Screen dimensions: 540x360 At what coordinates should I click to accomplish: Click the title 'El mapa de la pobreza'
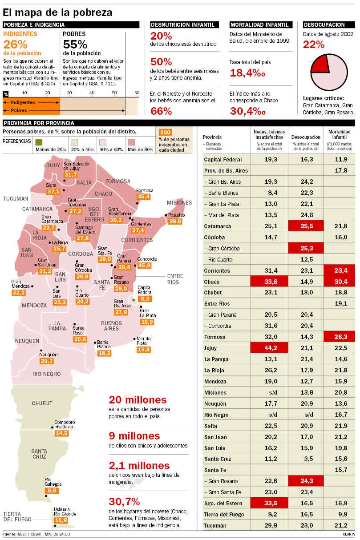pos(57,12)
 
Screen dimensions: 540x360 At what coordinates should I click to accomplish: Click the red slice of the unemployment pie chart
pos(320,64)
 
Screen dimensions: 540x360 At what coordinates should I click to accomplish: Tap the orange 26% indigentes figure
pos(16,44)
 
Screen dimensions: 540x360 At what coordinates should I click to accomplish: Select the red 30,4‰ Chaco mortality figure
pos(248,111)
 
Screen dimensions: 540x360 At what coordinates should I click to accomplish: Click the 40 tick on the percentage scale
pos(92,93)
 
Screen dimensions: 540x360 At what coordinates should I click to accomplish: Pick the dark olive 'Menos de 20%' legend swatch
pos(39,142)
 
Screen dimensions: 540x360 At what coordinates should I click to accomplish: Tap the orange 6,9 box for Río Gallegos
pos(52,491)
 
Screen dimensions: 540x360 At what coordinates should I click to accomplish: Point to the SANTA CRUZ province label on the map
pos(39,454)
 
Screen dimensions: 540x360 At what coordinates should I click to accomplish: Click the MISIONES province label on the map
pos(179,203)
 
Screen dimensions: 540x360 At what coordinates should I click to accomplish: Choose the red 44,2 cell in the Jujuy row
pos(268,348)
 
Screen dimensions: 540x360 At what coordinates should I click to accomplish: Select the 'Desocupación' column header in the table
pos(306,137)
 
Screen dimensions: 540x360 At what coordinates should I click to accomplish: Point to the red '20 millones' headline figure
pos(138,399)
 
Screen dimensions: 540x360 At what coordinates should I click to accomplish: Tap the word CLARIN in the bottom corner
pos(349,534)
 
